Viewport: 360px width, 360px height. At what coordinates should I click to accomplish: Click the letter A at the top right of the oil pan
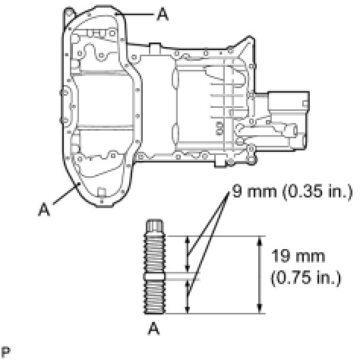(163, 14)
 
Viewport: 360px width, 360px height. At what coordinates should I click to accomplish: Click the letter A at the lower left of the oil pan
(44, 210)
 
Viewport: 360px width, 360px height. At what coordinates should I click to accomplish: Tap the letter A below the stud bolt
(154, 329)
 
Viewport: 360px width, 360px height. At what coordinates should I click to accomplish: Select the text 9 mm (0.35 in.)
(292, 191)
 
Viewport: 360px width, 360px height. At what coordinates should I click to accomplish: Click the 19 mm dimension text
(298, 256)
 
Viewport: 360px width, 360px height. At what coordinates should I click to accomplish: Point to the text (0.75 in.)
(305, 278)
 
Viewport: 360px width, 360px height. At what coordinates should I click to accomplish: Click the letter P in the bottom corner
(6, 352)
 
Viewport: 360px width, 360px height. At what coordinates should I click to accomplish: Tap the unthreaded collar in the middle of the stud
(155, 276)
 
